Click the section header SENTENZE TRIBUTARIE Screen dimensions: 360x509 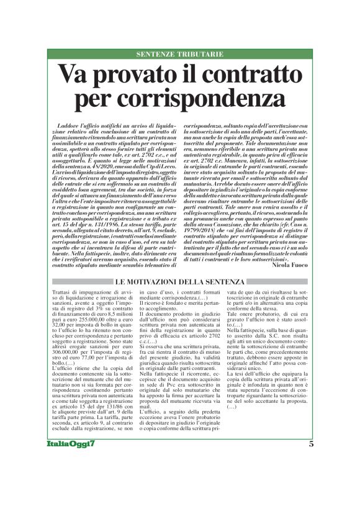[179, 55]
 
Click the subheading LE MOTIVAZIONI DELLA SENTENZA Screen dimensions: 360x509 [179, 282]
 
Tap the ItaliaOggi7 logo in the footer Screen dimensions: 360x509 [71, 443]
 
